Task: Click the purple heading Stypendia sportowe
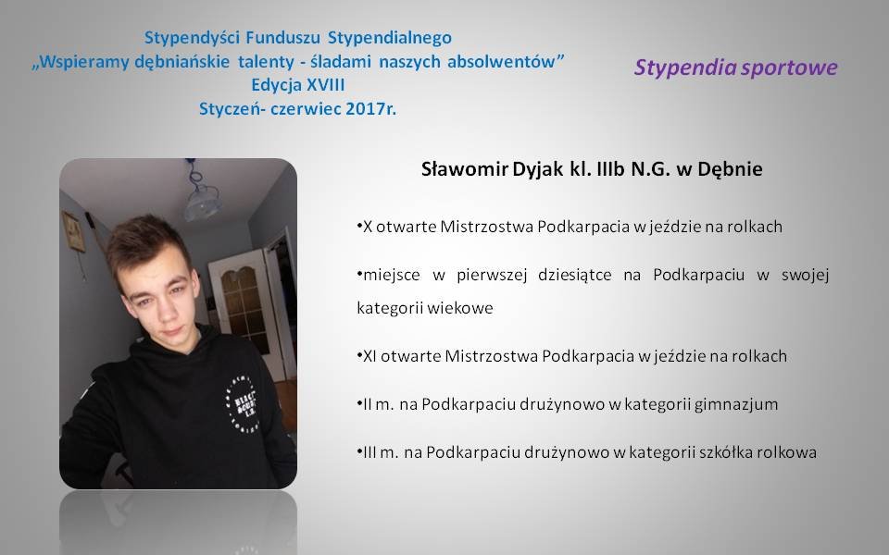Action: (x=735, y=68)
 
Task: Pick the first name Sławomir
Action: (x=464, y=168)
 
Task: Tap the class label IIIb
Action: (x=610, y=168)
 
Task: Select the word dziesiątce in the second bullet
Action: (x=575, y=276)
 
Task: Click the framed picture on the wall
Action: (x=73, y=231)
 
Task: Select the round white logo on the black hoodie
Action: (x=244, y=403)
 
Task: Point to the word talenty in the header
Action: (x=266, y=62)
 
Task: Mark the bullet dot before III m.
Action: (x=359, y=451)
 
